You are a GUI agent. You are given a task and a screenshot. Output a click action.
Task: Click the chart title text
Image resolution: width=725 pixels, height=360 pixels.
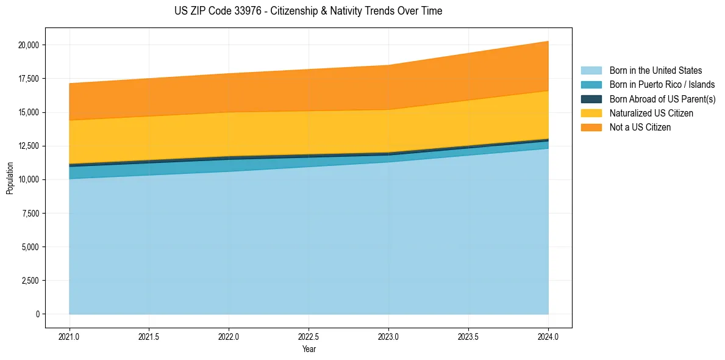[308, 11]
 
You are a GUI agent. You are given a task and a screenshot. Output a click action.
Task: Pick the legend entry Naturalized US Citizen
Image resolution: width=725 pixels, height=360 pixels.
[651, 113]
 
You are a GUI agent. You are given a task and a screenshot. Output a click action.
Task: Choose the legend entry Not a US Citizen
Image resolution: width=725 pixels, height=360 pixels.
[640, 128]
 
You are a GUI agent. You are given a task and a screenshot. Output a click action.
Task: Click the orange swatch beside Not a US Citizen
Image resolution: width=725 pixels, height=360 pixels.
[591, 128]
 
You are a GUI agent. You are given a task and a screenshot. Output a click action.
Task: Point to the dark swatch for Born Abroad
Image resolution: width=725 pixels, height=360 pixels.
[591, 99]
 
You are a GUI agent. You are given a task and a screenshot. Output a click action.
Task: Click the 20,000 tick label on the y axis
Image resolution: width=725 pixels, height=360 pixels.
[29, 45]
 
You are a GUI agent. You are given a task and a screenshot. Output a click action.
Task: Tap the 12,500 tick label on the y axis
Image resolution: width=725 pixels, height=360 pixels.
[29, 146]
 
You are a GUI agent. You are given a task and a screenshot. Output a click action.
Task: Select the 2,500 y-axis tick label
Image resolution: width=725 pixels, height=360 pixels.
[30, 281]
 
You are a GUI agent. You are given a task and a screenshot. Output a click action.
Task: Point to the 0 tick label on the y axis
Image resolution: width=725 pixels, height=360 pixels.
[37, 314]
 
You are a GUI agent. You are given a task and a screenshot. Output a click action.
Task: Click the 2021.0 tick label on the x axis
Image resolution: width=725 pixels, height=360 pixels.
[70, 337]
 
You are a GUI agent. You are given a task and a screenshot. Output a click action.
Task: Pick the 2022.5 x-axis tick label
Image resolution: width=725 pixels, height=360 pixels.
[309, 337]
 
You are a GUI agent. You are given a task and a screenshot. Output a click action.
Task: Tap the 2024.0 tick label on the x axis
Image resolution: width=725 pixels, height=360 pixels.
[548, 337]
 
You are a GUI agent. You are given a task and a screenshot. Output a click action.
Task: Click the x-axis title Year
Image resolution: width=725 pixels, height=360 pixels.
[309, 349]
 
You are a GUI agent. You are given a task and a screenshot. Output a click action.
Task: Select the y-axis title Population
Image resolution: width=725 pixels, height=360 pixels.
[10, 179]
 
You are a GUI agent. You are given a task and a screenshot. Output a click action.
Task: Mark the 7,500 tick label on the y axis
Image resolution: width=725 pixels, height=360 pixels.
[30, 214]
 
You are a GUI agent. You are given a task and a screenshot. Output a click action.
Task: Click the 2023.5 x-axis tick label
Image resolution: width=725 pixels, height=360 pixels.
[468, 337]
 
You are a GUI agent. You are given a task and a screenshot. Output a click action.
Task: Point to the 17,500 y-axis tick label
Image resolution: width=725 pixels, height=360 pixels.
[29, 79]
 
